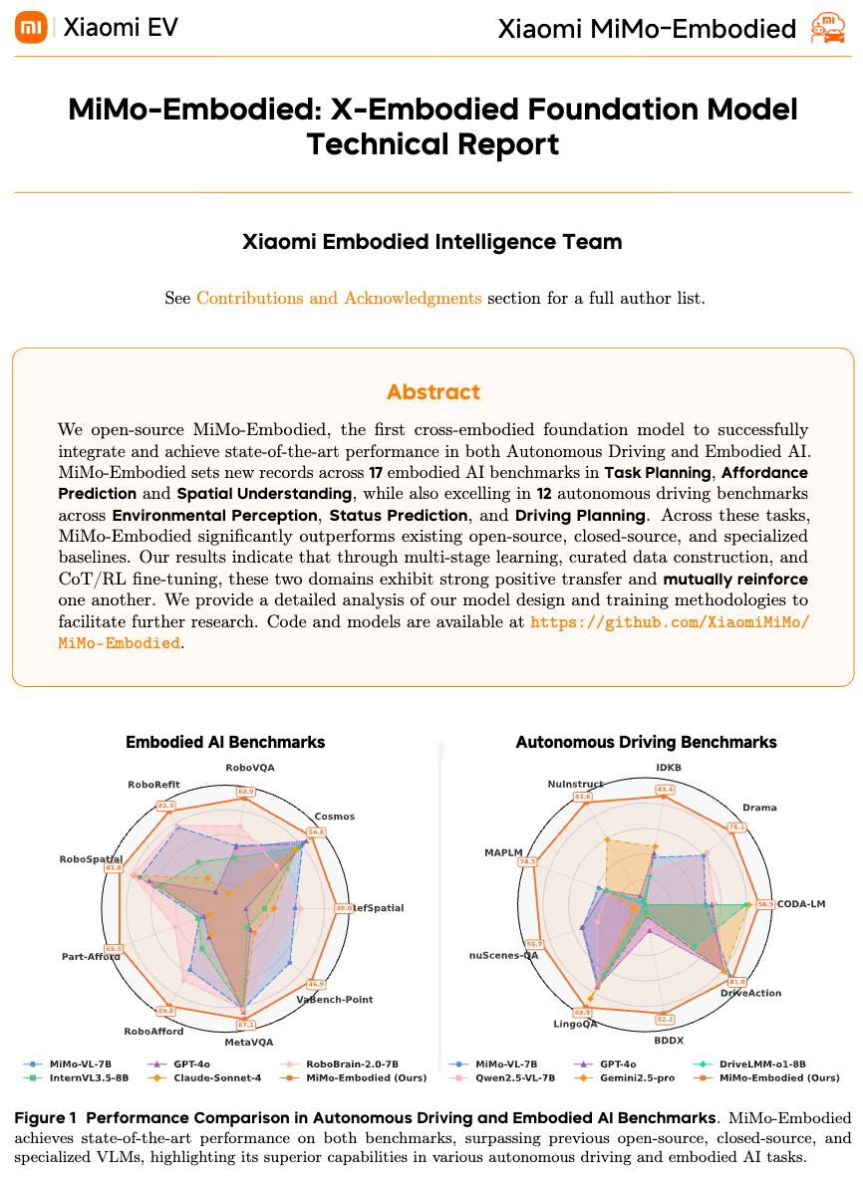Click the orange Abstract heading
432,391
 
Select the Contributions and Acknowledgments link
339,298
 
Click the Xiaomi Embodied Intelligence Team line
432,242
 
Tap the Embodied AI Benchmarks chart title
225,742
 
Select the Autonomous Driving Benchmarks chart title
646,742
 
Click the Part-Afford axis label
92,957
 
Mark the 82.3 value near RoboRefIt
165,806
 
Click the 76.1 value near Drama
736,826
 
